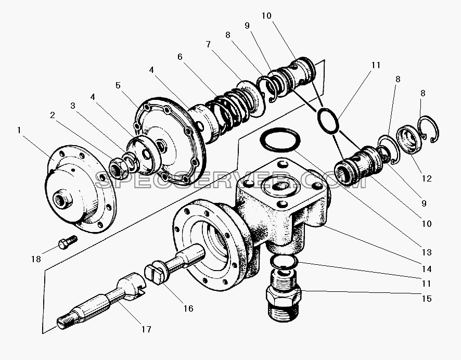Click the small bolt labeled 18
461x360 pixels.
coord(68,242)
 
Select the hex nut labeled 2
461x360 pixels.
coord(119,169)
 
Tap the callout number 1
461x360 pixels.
coord(19,130)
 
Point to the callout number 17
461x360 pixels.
coord(146,329)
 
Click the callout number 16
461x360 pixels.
coord(188,308)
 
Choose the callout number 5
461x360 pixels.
coord(118,85)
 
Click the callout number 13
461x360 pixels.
coord(426,252)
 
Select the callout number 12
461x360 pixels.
coord(426,178)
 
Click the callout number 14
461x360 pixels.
coord(426,268)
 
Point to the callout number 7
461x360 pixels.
coord(208,44)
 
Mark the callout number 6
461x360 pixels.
coord(180,57)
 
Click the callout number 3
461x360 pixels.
coord(73,106)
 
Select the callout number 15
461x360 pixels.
coord(426,299)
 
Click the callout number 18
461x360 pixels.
coord(36,259)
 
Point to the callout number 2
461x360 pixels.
coord(53,115)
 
